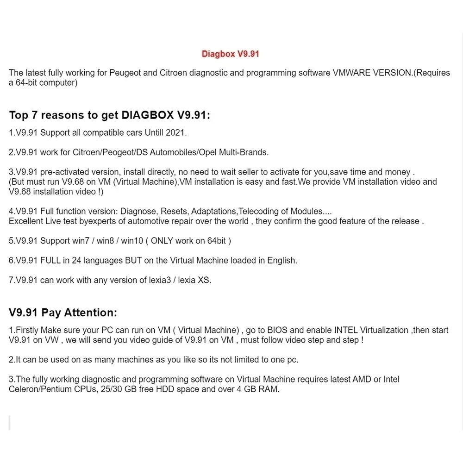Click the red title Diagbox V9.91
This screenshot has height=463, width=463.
pyautogui.click(x=230, y=54)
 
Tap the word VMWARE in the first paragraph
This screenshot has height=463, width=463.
pyautogui.click(x=352, y=73)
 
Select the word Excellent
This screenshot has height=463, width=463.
pyautogui.click(x=26, y=221)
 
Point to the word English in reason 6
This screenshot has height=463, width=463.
pyautogui.click(x=282, y=260)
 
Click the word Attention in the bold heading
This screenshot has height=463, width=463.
pyautogui.click(x=90, y=313)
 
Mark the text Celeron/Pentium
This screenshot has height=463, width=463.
pyautogui.click(x=40, y=389)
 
